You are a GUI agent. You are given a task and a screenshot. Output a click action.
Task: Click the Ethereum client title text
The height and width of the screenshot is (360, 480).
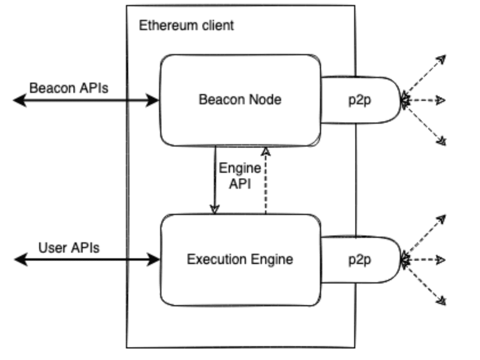tap(186, 25)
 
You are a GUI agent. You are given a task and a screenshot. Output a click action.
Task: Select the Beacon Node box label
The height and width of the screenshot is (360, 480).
tap(240, 99)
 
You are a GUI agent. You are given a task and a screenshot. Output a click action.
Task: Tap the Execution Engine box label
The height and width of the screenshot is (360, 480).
tap(240, 259)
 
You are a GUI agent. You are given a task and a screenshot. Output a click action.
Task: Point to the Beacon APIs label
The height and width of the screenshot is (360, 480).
tap(69, 88)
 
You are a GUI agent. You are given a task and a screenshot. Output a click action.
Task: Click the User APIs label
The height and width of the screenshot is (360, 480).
tap(69, 247)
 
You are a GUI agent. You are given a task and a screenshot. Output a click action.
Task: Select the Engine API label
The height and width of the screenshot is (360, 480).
tap(240, 176)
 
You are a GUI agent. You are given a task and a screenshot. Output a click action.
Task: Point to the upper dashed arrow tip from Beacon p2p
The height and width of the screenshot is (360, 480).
tap(441, 60)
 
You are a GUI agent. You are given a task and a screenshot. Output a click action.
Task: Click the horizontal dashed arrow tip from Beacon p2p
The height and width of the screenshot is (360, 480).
tap(441, 100)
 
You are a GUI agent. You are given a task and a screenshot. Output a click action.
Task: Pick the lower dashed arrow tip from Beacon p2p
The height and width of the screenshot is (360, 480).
tap(441, 141)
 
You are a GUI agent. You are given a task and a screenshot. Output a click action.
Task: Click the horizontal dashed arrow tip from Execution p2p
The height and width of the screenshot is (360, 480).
tap(441, 260)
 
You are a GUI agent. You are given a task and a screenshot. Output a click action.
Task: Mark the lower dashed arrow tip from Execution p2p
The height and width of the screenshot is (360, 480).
tap(441, 300)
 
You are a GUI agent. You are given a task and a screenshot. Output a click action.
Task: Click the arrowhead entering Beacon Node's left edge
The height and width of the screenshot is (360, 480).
tap(153, 100)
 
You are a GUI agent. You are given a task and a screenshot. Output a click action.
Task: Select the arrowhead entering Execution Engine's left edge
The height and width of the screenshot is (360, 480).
tap(153, 259)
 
